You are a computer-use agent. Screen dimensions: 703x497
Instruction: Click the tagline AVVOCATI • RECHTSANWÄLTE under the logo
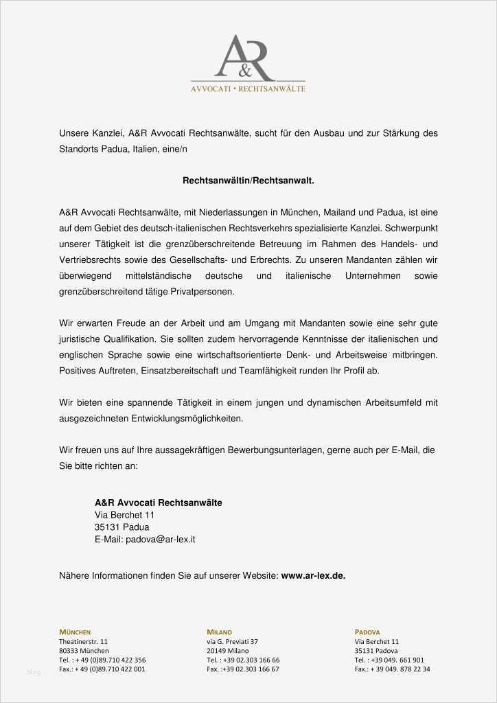point(248,89)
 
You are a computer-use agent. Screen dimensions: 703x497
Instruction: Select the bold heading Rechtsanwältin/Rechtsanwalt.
point(248,180)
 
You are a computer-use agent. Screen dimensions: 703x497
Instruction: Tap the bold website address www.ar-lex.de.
point(313,576)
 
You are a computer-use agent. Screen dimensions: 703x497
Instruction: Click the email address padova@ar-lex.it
point(160,540)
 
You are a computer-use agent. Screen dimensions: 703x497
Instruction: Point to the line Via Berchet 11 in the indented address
point(124,515)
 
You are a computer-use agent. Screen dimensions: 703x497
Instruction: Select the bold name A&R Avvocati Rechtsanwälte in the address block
point(158,503)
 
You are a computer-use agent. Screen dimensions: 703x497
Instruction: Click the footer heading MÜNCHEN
point(75,632)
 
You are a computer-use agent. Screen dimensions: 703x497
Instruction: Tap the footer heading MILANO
point(219,632)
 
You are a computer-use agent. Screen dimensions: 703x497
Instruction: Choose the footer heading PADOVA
point(367,632)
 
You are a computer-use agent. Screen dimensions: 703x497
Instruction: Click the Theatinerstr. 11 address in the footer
point(83,641)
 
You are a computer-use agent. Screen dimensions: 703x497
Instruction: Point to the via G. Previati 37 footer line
point(232,641)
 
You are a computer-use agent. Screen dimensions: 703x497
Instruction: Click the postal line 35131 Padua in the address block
point(122,527)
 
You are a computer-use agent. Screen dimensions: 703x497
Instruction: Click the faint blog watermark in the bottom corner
point(34,671)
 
